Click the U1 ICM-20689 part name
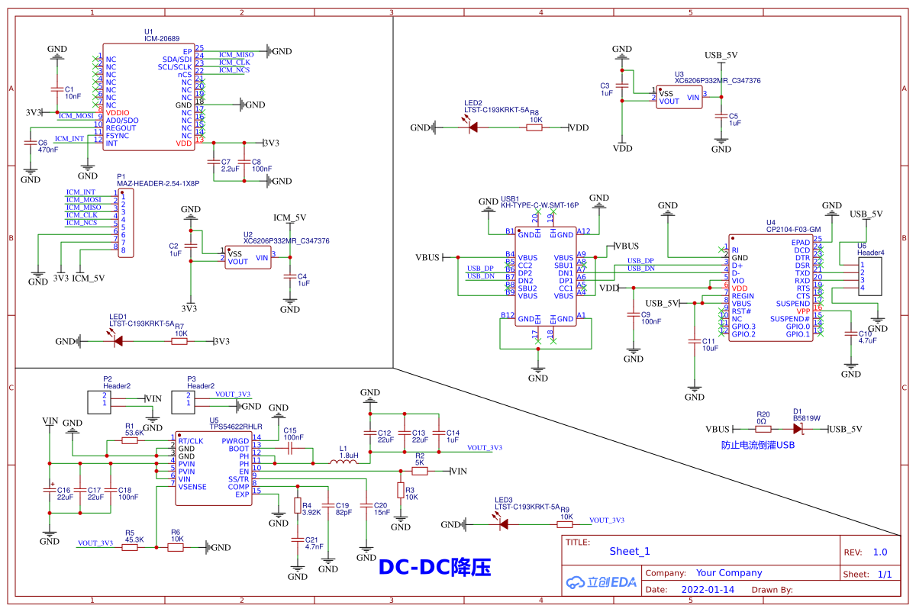tap(162, 39)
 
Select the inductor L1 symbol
tap(343, 462)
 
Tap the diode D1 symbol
tap(798, 429)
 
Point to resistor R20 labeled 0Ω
tap(763, 429)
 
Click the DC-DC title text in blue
tap(435, 567)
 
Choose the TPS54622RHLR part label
tap(237, 428)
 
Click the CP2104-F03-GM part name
tap(793, 229)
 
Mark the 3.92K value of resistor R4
tap(311, 513)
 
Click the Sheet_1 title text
tap(630, 552)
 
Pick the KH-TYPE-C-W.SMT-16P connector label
tap(539, 205)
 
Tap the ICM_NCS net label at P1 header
tap(82, 223)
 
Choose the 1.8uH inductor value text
tap(349, 456)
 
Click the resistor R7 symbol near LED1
tap(179, 342)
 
